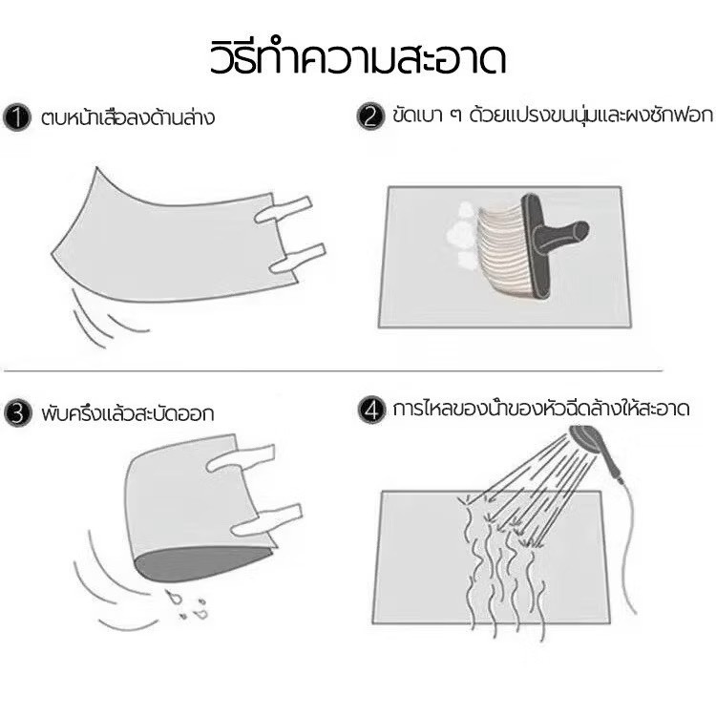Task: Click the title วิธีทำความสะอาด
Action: (x=357, y=57)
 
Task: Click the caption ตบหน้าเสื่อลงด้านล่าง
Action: (x=128, y=119)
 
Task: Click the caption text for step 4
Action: (x=542, y=411)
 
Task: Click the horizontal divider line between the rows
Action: (x=357, y=370)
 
